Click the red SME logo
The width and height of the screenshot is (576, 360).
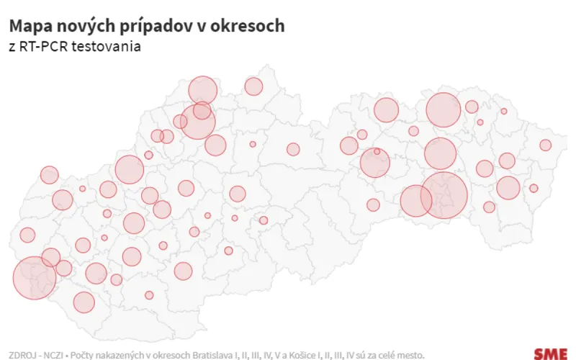(x=550, y=353)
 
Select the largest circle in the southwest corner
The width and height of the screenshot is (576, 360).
(x=35, y=277)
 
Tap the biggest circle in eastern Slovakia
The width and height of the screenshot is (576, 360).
(x=444, y=194)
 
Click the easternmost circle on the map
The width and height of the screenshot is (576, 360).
(x=545, y=145)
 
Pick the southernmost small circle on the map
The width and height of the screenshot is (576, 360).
(x=149, y=295)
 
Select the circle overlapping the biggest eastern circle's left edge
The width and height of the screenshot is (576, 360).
(x=415, y=200)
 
